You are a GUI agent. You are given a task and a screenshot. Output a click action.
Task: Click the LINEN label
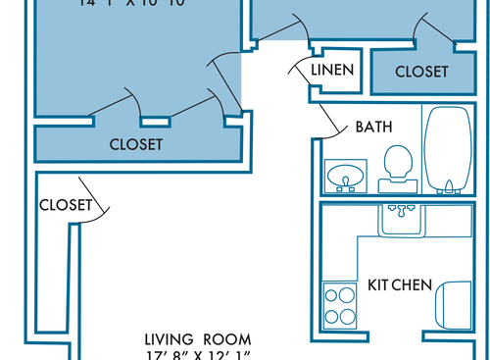tap(331, 71)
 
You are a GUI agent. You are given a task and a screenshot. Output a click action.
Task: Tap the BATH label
tap(373, 127)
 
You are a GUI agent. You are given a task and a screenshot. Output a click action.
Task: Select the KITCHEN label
tap(400, 284)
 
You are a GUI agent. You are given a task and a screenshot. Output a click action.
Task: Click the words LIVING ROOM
tap(197, 338)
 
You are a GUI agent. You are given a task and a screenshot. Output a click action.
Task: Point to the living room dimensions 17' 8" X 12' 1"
tap(197, 354)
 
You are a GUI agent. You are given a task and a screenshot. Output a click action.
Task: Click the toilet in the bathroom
tap(397, 163)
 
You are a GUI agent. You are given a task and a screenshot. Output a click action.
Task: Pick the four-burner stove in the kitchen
tap(340, 304)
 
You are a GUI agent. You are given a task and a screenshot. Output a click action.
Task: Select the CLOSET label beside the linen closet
tap(422, 72)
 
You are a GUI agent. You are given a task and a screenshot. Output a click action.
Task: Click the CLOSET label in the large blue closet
tap(135, 144)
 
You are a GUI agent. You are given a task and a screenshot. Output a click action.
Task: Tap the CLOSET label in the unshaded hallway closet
tap(65, 205)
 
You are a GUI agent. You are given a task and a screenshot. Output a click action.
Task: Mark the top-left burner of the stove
tap(332, 294)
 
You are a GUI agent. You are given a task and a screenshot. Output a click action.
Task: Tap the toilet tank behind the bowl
tap(396, 182)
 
